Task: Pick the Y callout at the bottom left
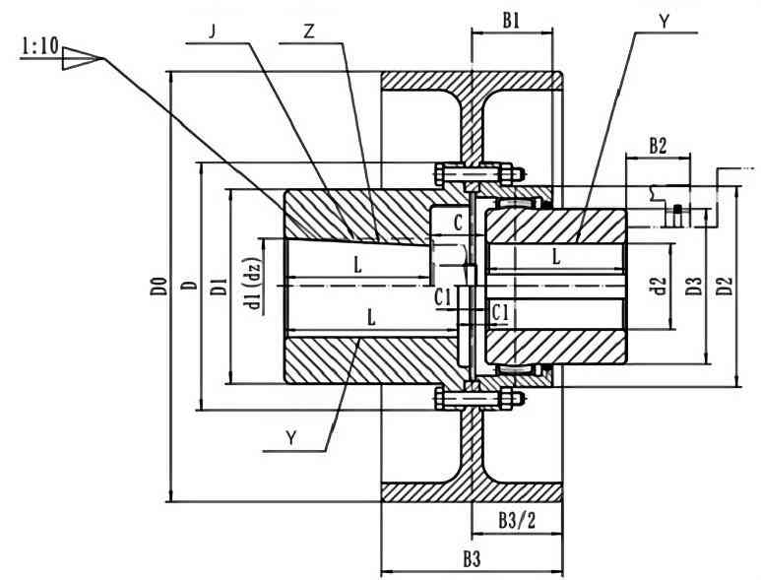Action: (x=291, y=439)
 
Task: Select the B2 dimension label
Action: (x=659, y=145)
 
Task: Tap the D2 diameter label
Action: (x=726, y=288)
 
